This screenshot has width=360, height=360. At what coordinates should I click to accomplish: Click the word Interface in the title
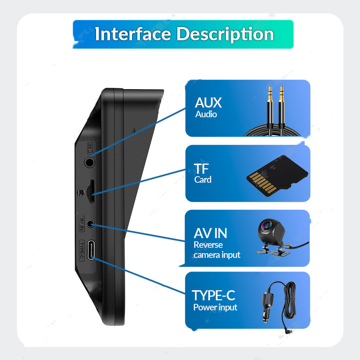click(133, 34)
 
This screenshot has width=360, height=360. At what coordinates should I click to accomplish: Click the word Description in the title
click(225, 34)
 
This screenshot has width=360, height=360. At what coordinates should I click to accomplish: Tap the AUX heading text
click(208, 103)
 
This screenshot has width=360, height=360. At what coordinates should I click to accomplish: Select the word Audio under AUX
click(206, 114)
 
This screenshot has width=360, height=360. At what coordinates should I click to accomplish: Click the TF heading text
click(201, 169)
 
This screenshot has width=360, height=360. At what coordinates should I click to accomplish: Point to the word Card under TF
click(203, 179)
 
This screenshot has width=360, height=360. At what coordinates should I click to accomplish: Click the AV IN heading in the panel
click(210, 233)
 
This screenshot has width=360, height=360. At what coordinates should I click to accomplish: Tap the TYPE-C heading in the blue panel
click(214, 295)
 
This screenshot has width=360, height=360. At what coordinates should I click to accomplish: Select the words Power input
click(215, 307)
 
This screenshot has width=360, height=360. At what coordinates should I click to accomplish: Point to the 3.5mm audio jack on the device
click(90, 162)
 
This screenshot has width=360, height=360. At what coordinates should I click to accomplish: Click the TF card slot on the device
click(92, 190)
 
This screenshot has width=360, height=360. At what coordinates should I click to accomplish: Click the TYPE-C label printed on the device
click(81, 251)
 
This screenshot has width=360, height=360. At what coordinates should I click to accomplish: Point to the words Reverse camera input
click(217, 250)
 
